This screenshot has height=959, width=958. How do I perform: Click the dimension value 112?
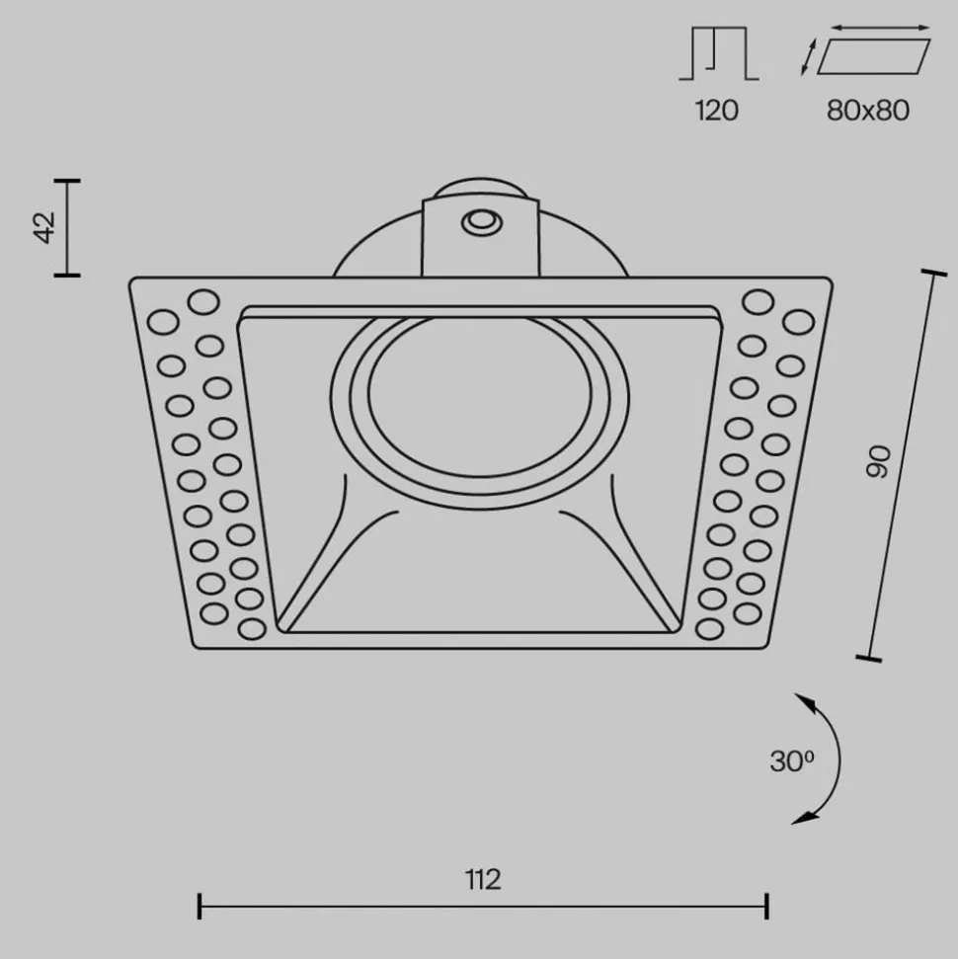[x=482, y=878]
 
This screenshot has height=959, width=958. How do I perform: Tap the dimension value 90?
[x=879, y=461]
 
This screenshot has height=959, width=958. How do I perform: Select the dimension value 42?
[x=43, y=227]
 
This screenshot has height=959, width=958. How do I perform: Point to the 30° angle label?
[x=791, y=760]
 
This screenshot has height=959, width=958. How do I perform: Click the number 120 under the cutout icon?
[x=716, y=110]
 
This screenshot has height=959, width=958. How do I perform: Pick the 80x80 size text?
[x=868, y=110]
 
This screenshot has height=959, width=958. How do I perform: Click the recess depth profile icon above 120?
[x=718, y=53]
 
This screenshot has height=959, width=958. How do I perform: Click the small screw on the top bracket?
[x=481, y=223]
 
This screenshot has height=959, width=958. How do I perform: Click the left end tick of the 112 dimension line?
[x=200, y=905]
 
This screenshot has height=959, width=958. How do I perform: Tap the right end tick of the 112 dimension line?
[x=767, y=905]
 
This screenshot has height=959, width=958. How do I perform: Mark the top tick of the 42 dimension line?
[x=67, y=181]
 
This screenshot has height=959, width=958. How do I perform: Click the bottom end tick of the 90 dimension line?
[x=868, y=657]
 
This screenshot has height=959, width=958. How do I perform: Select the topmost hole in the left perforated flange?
[x=203, y=302]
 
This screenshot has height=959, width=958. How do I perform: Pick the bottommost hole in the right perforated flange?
[x=708, y=628]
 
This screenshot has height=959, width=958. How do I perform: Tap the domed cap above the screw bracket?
[x=480, y=189]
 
